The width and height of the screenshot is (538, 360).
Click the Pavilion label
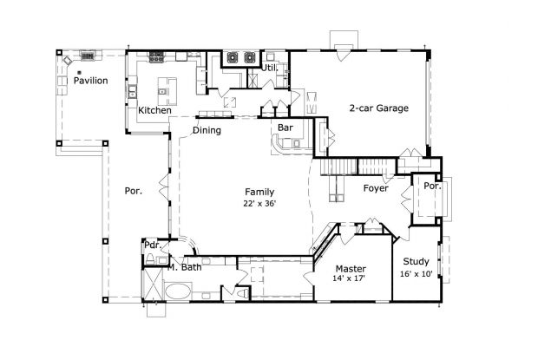coord(90,81)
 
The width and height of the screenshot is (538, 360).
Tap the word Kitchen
coord(154,111)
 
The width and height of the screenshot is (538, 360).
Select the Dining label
coord(207,131)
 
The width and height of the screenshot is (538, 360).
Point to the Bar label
coord(284,128)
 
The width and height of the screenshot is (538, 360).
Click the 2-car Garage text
coord(378,108)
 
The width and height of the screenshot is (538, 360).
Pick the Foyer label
coord(375,187)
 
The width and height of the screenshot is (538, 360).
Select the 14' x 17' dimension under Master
coord(351,280)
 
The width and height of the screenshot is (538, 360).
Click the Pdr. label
coord(151,245)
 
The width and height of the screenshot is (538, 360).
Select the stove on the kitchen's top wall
coord(157,59)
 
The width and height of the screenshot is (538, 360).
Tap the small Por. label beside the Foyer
coord(431,186)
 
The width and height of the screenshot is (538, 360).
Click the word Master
coord(351,268)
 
